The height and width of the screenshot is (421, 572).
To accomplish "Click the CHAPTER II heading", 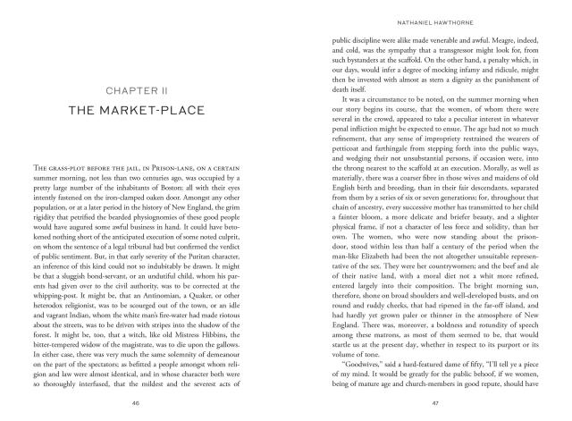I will tap(158, 89).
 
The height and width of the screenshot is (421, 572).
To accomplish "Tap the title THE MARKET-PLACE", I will tap(158, 110).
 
